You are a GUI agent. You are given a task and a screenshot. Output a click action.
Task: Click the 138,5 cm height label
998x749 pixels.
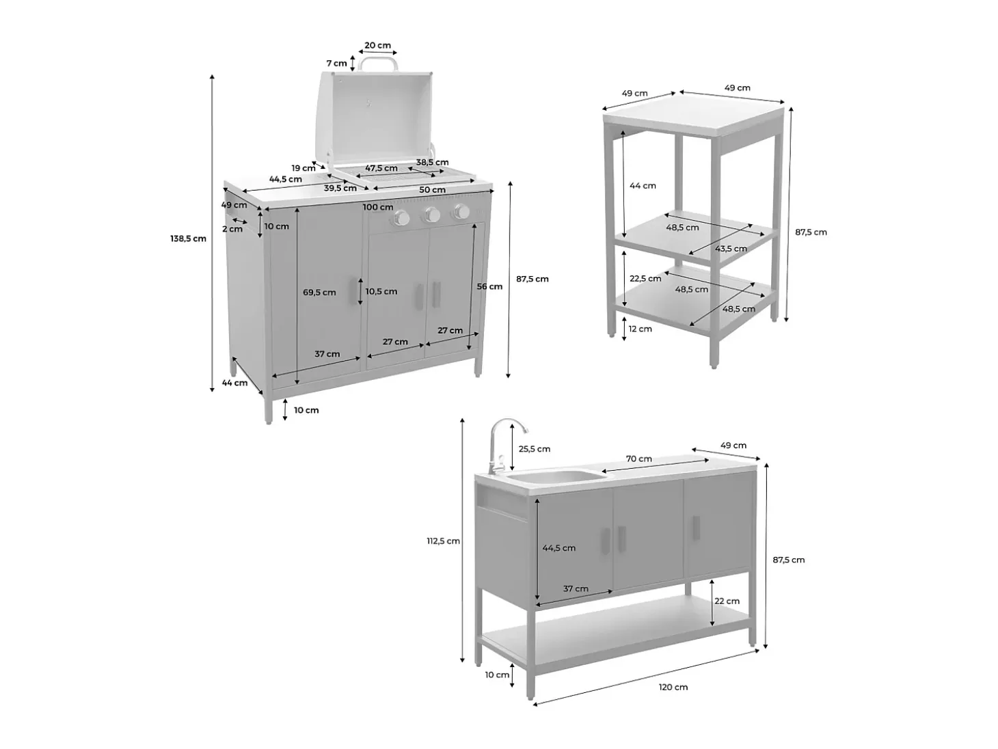[x=188, y=239]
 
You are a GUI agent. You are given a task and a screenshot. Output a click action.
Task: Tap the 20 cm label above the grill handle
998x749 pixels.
[x=377, y=46]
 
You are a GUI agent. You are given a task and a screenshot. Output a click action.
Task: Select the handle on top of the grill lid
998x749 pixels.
[x=377, y=63]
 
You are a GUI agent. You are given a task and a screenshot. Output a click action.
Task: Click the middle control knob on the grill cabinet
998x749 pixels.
[x=431, y=215]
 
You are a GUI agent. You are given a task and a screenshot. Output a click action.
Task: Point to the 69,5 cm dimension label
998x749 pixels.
[x=319, y=292]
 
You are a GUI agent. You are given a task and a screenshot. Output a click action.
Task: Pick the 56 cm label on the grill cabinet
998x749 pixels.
[x=489, y=286]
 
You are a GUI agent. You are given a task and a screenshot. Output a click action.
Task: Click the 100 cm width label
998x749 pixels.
[x=378, y=207]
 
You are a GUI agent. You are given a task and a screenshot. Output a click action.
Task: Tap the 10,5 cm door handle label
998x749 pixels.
[x=381, y=291]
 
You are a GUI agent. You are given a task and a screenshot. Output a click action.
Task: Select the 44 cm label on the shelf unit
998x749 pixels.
[x=643, y=185]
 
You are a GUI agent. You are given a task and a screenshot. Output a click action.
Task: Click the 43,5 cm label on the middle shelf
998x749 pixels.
[x=731, y=249]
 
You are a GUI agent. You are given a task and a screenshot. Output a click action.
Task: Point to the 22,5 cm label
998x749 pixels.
[x=645, y=278]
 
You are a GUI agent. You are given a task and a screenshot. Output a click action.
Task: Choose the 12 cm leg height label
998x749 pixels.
[x=640, y=329]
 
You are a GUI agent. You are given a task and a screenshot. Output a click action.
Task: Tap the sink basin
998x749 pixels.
[x=556, y=477]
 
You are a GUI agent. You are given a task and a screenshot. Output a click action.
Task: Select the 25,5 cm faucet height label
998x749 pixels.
[x=535, y=449]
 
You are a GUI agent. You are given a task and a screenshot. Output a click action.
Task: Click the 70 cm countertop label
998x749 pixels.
[x=639, y=459]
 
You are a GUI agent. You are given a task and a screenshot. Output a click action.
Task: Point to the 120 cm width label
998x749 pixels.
[x=673, y=687]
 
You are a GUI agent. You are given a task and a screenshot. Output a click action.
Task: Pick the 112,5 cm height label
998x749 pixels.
[x=444, y=541]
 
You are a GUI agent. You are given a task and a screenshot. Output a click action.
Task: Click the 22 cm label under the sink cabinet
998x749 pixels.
[x=727, y=601]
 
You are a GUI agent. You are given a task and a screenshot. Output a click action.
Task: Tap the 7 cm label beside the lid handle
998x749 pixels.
[x=336, y=63]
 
